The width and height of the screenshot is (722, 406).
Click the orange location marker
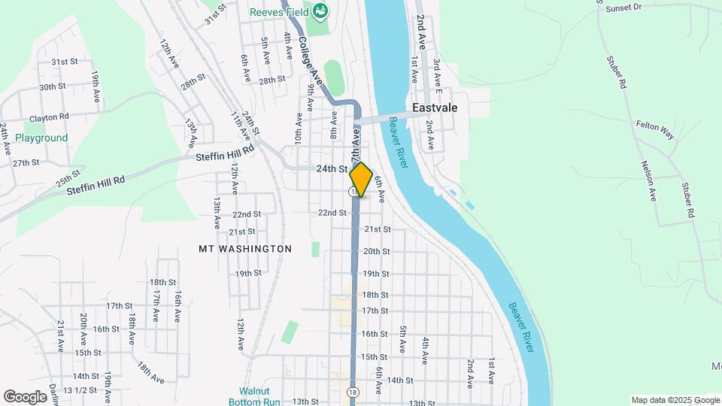coord(361,180)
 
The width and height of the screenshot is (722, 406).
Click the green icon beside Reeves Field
coord(321,11)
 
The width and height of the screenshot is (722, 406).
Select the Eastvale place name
coord(435,108)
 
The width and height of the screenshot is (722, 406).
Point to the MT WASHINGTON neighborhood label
coord(245,248)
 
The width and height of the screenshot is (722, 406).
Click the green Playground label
coord(41,138)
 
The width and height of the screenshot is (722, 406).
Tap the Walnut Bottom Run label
coord(259,396)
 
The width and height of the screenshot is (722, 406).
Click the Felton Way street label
coord(656,129)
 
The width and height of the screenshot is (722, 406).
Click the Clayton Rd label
coord(49,117)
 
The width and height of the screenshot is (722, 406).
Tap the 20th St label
coord(376,251)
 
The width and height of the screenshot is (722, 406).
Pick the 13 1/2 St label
coord(80,390)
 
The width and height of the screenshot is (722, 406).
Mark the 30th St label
coord(53,87)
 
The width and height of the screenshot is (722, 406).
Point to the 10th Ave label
coord(299,129)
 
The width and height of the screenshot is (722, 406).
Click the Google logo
coord(25,397)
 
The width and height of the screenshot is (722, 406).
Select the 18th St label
coord(375,295)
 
